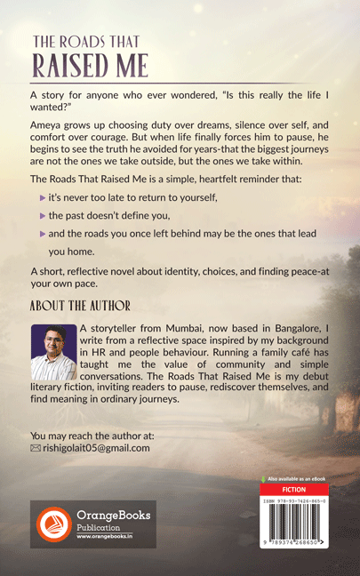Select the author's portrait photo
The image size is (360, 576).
[52, 353]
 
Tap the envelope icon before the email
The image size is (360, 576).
[36, 448]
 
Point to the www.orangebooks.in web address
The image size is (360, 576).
[110, 537]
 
